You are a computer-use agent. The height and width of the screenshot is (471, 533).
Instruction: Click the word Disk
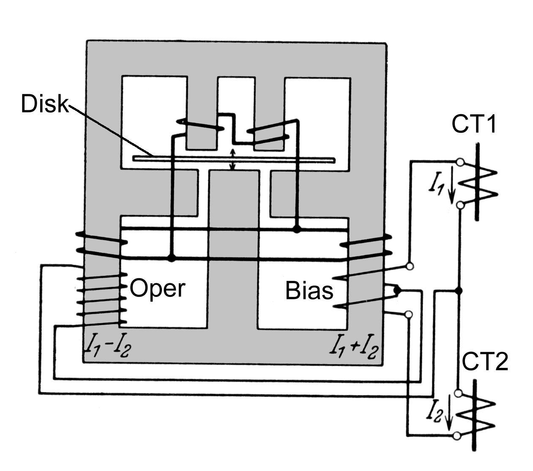coord(44,104)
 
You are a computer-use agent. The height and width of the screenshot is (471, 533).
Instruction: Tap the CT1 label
coord(473,124)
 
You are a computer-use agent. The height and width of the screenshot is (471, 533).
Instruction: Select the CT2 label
coord(484,362)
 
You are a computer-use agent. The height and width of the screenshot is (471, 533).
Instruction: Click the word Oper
coord(157,289)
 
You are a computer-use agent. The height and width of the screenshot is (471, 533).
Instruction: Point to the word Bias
coord(309,291)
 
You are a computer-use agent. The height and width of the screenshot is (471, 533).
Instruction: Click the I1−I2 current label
coord(109,348)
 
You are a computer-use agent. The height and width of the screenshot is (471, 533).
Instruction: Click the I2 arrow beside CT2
coord(448,413)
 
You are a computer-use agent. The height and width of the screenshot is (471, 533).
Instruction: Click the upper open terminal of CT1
coord(460,162)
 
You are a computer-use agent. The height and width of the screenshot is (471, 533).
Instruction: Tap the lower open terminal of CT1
coord(460,205)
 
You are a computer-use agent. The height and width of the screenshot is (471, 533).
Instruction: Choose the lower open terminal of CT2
coord(456,436)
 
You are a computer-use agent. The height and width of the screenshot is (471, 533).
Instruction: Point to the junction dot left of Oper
coord(172,258)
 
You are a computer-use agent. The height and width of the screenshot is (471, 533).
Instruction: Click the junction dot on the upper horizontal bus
coord(297,229)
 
